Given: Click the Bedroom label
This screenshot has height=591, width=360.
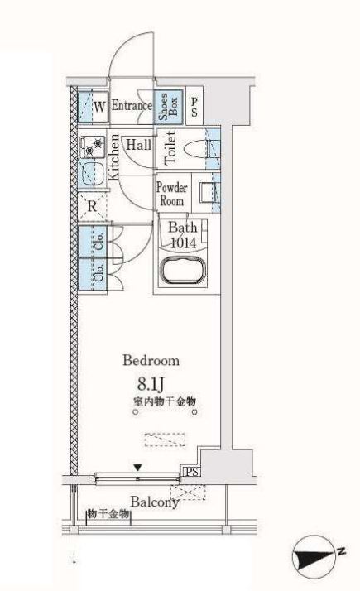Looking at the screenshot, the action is pyautogui.click(x=151, y=361).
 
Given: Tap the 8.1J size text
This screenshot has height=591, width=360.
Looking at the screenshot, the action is pyautogui.click(x=151, y=384).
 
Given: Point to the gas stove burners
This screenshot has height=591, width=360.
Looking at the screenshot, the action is pyautogui.click(x=94, y=147).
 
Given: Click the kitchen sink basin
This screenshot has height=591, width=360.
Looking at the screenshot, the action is pyautogui.click(x=93, y=175).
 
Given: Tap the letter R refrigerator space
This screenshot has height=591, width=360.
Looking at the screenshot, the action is pyautogui.click(x=92, y=207).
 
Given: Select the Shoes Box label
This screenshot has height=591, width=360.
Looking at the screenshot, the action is pyautogui.click(x=168, y=107).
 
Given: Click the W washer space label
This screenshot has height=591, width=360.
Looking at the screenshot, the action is pyautogui.click(x=99, y=107).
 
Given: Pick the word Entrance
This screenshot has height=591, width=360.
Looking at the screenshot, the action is pyautogui.click(x=132, y=106).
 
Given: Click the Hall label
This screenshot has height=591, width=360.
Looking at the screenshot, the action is pyautogui.click(x=139, y=145).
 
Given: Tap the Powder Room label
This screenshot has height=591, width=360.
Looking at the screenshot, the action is pyautogui.click(x=172, y=195).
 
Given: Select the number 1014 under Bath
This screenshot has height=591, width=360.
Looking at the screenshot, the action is pyautogui.click(x=183, y=243).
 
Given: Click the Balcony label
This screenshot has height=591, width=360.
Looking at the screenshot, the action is pyautogui.click(x=155, y=502).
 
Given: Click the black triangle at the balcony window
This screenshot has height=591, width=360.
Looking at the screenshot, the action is pyautogui.click(x=138, y=468).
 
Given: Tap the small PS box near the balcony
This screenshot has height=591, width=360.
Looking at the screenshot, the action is pyautogui.click(x=191, y=472).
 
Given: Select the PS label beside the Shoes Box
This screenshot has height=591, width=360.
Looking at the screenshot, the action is pyautogui.click(x=194, y=107).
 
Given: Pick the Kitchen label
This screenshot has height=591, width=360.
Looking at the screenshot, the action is pyautogui.click(x=113, y=156).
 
